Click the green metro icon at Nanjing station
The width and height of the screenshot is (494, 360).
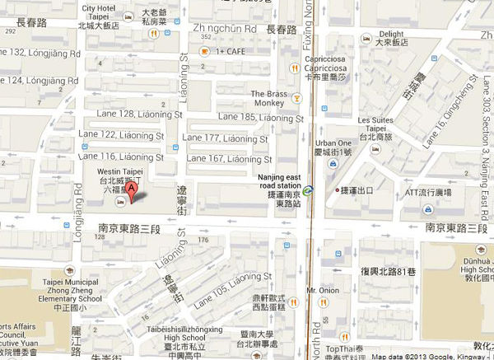pos(307,191)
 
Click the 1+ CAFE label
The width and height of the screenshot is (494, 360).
pos(234,51)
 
